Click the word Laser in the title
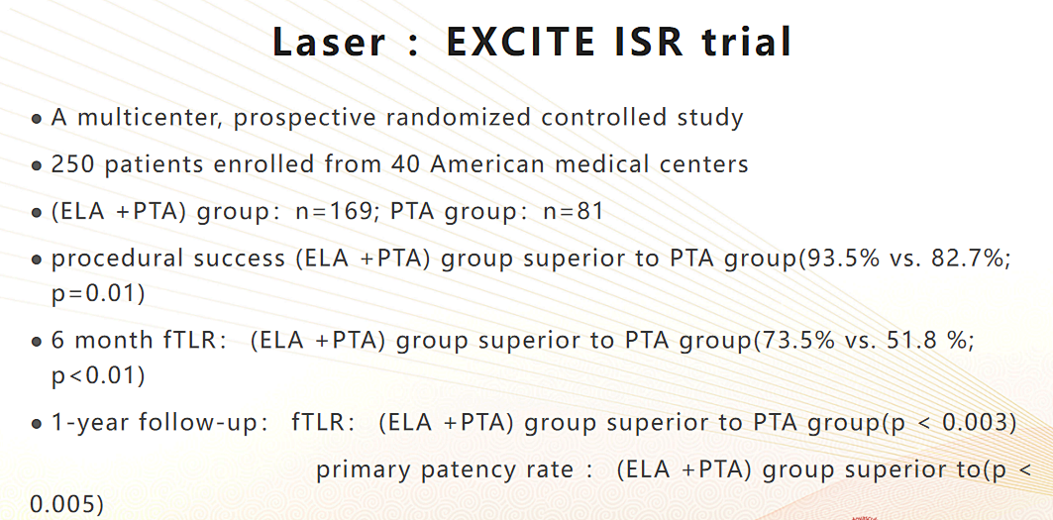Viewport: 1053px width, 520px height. coord(329,42)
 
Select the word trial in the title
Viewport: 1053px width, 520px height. coord(746,42)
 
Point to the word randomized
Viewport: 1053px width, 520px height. coord(459,117)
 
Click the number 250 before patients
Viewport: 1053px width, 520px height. coord(74,164)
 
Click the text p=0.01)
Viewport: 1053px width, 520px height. coord(98,293)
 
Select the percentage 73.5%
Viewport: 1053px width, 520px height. coord(795,340)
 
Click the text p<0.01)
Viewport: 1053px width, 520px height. coord(98,375)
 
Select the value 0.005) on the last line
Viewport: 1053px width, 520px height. coord(67,503)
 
